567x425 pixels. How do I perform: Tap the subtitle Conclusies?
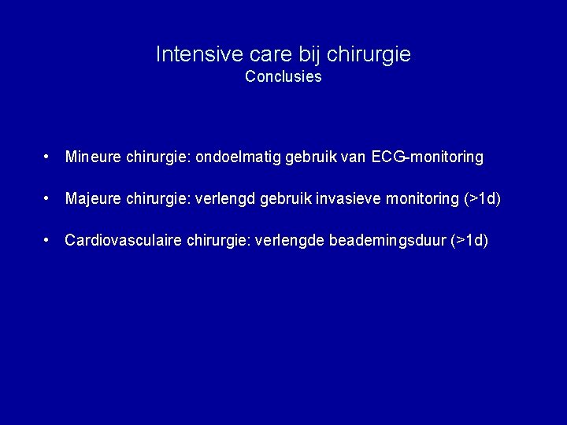[x=283, y=77]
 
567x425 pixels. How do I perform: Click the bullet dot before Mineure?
[x=49, y=157]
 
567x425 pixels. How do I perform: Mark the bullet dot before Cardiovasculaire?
[x=49, y=240]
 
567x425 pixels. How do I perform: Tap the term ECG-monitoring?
[x=428, y=157]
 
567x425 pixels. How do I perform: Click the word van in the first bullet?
[x=354, y=157]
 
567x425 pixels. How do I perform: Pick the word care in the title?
[x=267, y=54]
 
